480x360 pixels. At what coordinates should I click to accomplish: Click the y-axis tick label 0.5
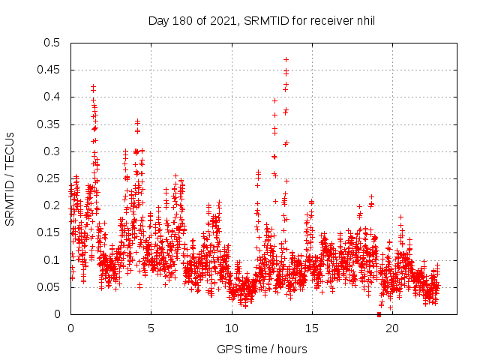click(x=52, y=43)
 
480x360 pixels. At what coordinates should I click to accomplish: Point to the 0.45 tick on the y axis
click(x=49, y=70)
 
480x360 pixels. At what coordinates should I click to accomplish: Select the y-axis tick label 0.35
click(x=49, y=124)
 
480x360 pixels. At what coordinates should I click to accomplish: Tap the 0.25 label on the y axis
click(x=49, y=178)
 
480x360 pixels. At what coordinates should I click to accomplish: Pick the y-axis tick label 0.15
click(x=49, y=233)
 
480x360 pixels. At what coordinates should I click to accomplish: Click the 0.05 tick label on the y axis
click(x=49, y=287)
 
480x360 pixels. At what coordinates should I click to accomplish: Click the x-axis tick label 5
click(x=151, y=328)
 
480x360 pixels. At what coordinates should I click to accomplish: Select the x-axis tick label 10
click(x=231, y=328)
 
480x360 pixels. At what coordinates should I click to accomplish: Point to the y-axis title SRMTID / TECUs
click(x=10, y=178)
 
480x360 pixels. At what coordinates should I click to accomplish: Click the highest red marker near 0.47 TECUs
click(x=286, y=59)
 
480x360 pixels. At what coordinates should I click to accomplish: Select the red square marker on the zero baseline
click(x=379, y=314)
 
